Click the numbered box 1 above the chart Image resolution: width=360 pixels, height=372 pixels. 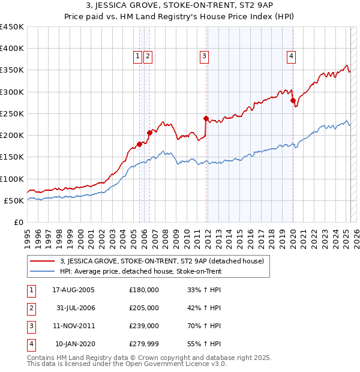pos(138,56)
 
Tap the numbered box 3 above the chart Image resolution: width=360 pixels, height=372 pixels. pos(205,56)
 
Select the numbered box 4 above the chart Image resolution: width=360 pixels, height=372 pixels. pos(291,56)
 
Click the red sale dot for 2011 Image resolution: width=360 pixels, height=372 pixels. pos(206,118)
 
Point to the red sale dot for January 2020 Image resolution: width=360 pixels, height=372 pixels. pos(293,101)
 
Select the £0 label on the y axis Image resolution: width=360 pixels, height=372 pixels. pos(19,222)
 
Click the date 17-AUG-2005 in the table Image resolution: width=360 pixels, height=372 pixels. pos(74,290)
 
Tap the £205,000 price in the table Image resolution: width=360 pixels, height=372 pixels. pos(144,308)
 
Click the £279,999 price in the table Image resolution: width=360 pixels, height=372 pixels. pos(144,344)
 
